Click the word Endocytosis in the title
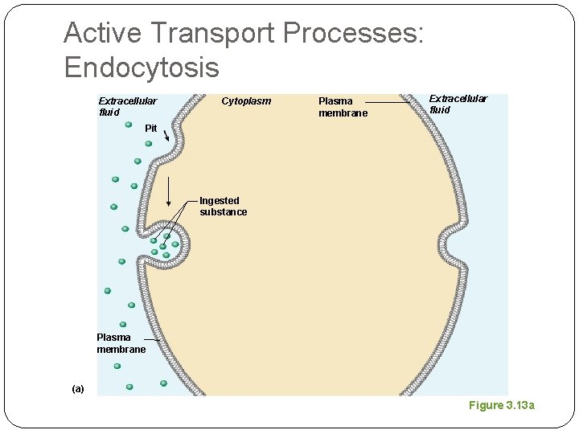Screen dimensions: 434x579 coord(142,68)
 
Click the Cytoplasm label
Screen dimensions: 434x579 coord(246,101)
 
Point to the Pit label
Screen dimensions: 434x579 coord(151,129)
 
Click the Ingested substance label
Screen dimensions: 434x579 coord(223,207)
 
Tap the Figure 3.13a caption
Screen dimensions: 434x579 coord(502,405)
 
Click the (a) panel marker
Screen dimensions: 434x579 coord(77,389)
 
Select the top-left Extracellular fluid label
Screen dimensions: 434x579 coord(127,106)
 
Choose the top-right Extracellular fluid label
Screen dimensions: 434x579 coord(458,104)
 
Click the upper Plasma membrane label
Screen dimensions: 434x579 coord(343,107)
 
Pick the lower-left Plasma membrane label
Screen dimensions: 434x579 coord(121,343)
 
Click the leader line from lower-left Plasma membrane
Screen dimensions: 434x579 coord(152,342)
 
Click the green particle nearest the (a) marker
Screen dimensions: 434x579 coord(129,387)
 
